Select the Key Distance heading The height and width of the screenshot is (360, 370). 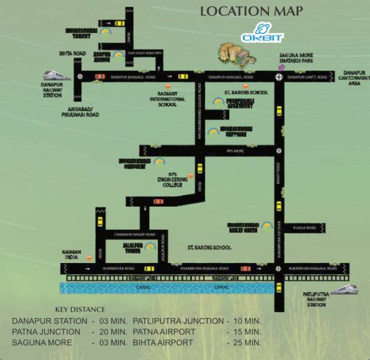tap(80, 309)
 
